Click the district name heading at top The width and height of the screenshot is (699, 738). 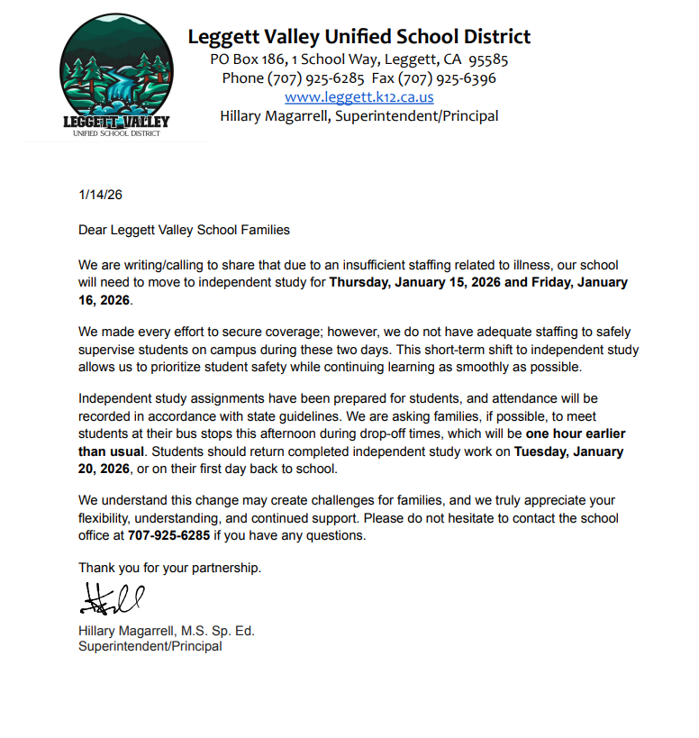click(x=359, y=37)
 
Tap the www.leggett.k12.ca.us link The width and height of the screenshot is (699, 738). click(x=359, y=96)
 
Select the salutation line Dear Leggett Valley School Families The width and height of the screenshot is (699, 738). click(x=184, y=230)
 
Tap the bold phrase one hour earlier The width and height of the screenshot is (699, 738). click(x=577, y=433)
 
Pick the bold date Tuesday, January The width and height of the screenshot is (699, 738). click(x=569, y=451)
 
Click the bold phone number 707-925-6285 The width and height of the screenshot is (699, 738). click(x=168, y=535)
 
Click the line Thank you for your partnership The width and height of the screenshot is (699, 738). click(x=169, y=568)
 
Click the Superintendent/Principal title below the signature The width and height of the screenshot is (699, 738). click(x=150, y=646)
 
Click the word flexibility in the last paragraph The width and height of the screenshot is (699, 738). click(x=106, y=518)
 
